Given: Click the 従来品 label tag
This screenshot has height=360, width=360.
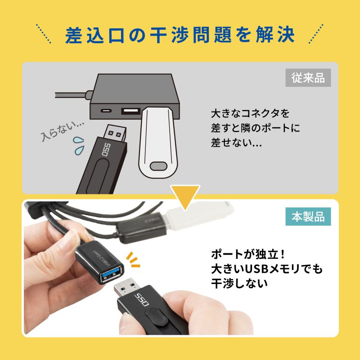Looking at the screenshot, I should (308, 78).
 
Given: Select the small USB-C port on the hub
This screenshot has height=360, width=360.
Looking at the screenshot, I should (107, 110).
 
